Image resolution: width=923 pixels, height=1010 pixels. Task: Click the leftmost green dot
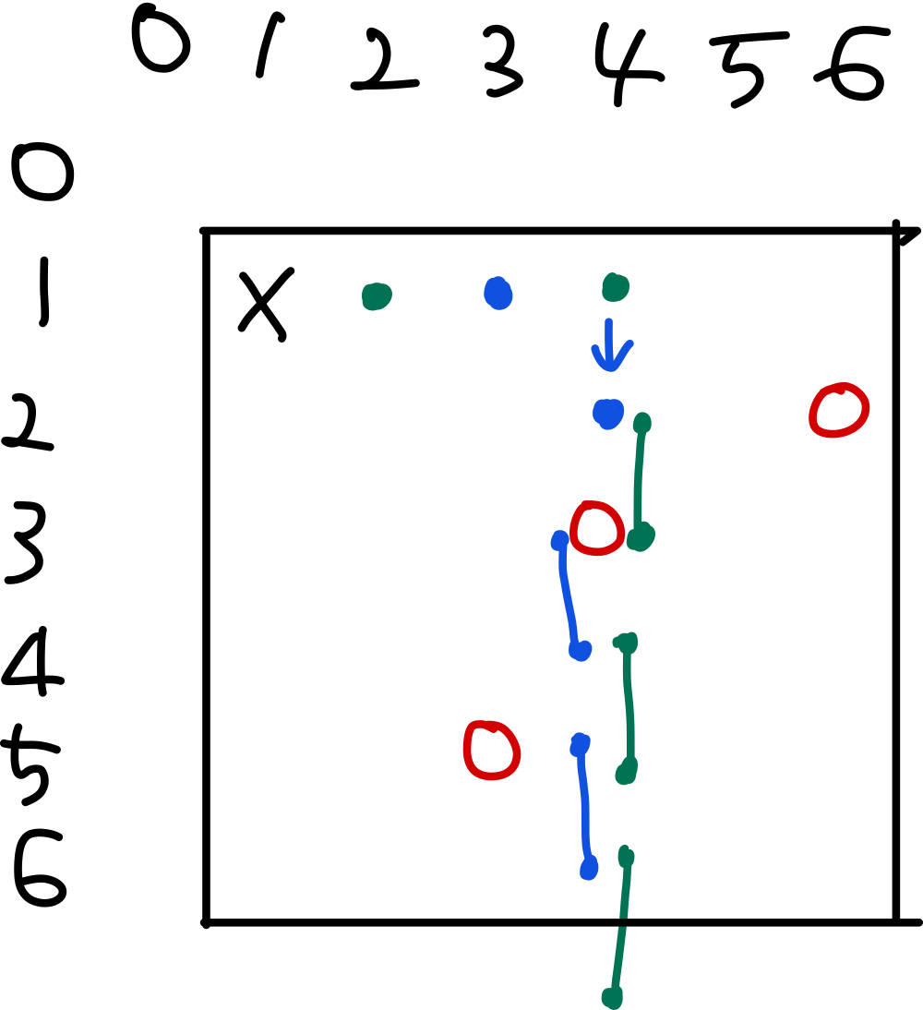[376, 296]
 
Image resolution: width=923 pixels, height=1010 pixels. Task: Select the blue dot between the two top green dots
[497, 294]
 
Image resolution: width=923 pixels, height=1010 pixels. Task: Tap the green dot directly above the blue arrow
[615, 287]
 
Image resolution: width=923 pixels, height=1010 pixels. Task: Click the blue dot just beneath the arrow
[608, 413]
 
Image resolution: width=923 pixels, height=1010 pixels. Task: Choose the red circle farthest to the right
[839, 410]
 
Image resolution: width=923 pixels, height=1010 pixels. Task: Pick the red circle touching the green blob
[596, 528]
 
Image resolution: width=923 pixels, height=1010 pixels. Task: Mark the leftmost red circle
[491, 750]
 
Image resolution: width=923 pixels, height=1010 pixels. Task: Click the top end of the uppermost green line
[642, 424]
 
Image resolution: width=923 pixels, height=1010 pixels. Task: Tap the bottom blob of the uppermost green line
[640, 536]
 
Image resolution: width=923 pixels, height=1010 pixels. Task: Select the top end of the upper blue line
[559, 540]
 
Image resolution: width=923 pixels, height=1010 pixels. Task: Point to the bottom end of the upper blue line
[580, 650]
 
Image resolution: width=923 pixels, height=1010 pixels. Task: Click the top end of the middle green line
[627, 643]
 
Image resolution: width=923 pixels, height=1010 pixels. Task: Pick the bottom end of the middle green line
[627, 772]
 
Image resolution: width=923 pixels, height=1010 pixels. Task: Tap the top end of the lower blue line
[580, 744]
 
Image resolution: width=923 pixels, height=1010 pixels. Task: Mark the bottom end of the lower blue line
[589, 868]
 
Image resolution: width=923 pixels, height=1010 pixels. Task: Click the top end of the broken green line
[626, 857]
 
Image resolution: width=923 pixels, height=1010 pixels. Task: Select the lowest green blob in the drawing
[612, 997]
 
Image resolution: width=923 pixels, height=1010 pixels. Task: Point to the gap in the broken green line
[623, 922]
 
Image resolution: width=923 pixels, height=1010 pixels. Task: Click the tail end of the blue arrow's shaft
[608, 322]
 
